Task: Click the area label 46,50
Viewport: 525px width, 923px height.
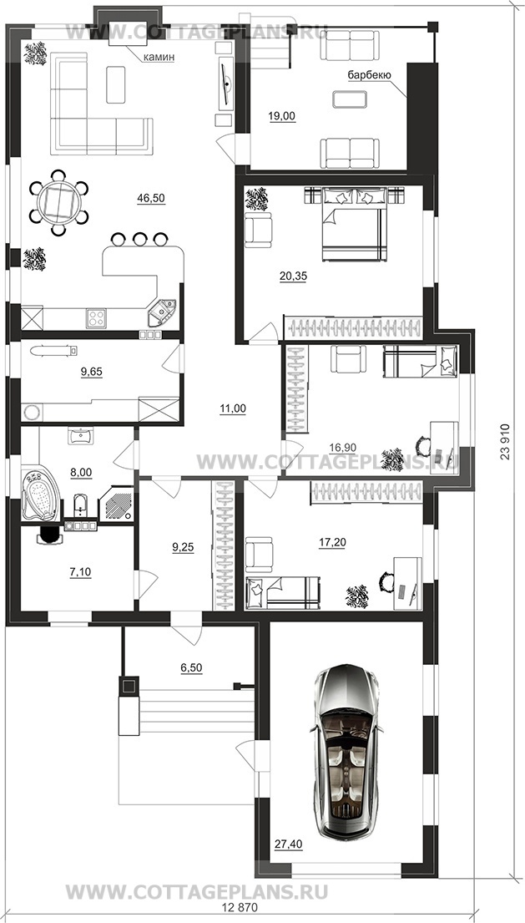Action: (151, 199)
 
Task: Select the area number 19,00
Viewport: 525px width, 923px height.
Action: (281, 117)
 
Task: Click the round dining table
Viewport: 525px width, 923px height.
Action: (58, 202)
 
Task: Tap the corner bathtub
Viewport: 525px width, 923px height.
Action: (40, 494)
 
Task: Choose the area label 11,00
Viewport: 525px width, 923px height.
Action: (233, 408)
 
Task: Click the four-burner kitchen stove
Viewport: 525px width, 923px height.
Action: (97, 318)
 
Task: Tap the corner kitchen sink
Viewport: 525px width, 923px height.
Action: (161, 312)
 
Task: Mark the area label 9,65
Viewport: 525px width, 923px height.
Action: (90, 372)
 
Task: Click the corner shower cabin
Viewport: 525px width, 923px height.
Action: (117, 504)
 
